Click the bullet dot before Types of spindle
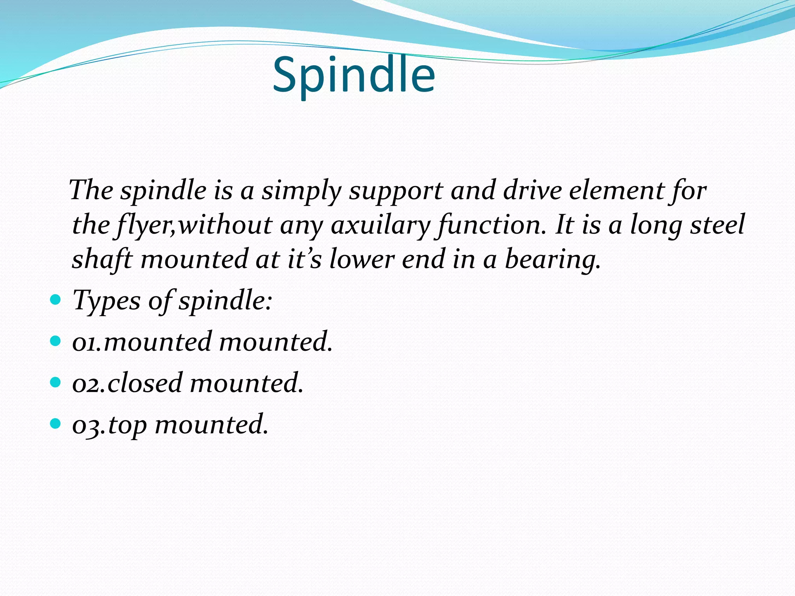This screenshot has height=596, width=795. (56, 300)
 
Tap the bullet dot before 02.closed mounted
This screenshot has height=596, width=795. (56, 383)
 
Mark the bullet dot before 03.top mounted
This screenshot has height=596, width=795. (56, 424)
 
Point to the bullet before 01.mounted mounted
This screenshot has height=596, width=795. (56, 341)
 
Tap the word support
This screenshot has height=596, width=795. (396, 191)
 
